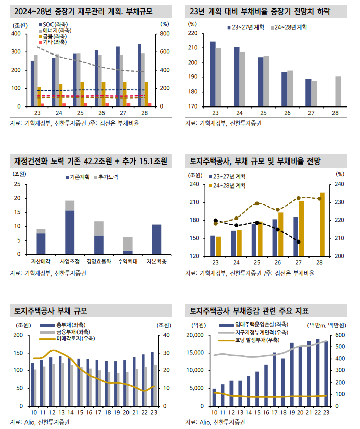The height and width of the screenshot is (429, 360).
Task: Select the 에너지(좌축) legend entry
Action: pos(57,31)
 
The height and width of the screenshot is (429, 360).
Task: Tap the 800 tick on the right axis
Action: pos(164,34)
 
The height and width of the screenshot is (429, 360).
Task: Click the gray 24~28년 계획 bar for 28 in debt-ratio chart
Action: pos(338,92)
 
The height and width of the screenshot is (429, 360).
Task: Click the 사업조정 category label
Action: pos(69,261)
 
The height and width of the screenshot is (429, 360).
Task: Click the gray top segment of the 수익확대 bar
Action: pos(128,244)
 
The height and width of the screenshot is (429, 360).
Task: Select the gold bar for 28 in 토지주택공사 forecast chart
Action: pos(322,224)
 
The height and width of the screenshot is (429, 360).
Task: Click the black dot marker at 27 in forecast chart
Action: pos(298,242)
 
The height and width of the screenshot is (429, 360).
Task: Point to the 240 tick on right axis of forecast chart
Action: pos(340,185)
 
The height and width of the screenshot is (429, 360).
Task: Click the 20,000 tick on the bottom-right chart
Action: pos(197,335)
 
